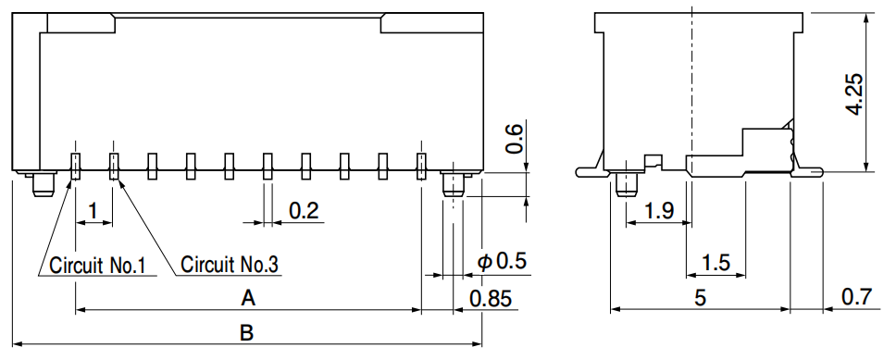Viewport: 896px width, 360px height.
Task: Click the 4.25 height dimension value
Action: pyautogui.click(x=855, y=93)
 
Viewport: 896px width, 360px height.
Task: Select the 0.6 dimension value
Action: pyautogui.click(x=514, y=140)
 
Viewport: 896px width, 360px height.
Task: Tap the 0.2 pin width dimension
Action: pyautogui.click(x=304, y=211)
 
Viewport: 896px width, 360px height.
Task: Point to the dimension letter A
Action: pyautogui.click(x=247, y=297)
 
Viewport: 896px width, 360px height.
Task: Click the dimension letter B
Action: pyautogui.click(x=246, y=332)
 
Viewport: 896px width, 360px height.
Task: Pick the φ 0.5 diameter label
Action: pyautogui.click(x=502, y=261)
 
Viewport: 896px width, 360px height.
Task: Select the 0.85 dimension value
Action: pyautogui.click(x=491, y=298)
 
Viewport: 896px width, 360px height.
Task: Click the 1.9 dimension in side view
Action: pyautogui.click(x=659, y=211)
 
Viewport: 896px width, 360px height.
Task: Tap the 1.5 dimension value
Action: pyautogui.click(x=715, y=263)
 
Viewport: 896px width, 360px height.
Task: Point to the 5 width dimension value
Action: pyautogui.click(x=700, y=298)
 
